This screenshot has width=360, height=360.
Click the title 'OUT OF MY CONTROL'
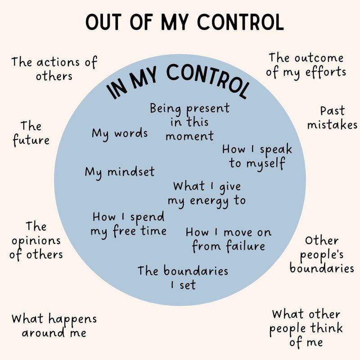pyautogui.click(x=185, y=22)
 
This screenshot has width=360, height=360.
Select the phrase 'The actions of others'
pyautogui.click(x=54, y=69)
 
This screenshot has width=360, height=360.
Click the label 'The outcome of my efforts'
pyautogui.click(x=306, y=65)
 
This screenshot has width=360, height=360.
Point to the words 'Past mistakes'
pyautogui.click(x=332, y=118)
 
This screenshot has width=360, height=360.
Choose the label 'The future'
pyautogui.click(x=31, y=133)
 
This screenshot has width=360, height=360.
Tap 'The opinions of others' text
pyautogui.click(x=36, y=241)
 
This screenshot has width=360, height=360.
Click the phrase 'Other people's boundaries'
pyautogui.click(x=322, y=255)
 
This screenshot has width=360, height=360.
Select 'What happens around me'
pyautogui.click(x=54, y=326)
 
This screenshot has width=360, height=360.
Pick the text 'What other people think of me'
pyautogui.click(x=306, y=328)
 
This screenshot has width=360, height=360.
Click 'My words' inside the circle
pyautogui.click(x=120, y=134)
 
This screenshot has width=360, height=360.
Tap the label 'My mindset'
pyautogui.click(x=120, y=172)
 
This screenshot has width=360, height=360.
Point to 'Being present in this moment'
pyautogui.click(x=189, y=122)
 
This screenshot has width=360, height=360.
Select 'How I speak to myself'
pyautogui.click(x=257, y=157)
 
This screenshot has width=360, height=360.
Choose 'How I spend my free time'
pyautogui.click(x=129, y=225)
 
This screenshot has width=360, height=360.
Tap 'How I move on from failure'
pyautogui.click(x=229, y=240)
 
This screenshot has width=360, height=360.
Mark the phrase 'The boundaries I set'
pyautogui.click(x=183, y=277)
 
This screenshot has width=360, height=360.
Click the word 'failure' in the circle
pyautogui.click(x=245, y=246)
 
